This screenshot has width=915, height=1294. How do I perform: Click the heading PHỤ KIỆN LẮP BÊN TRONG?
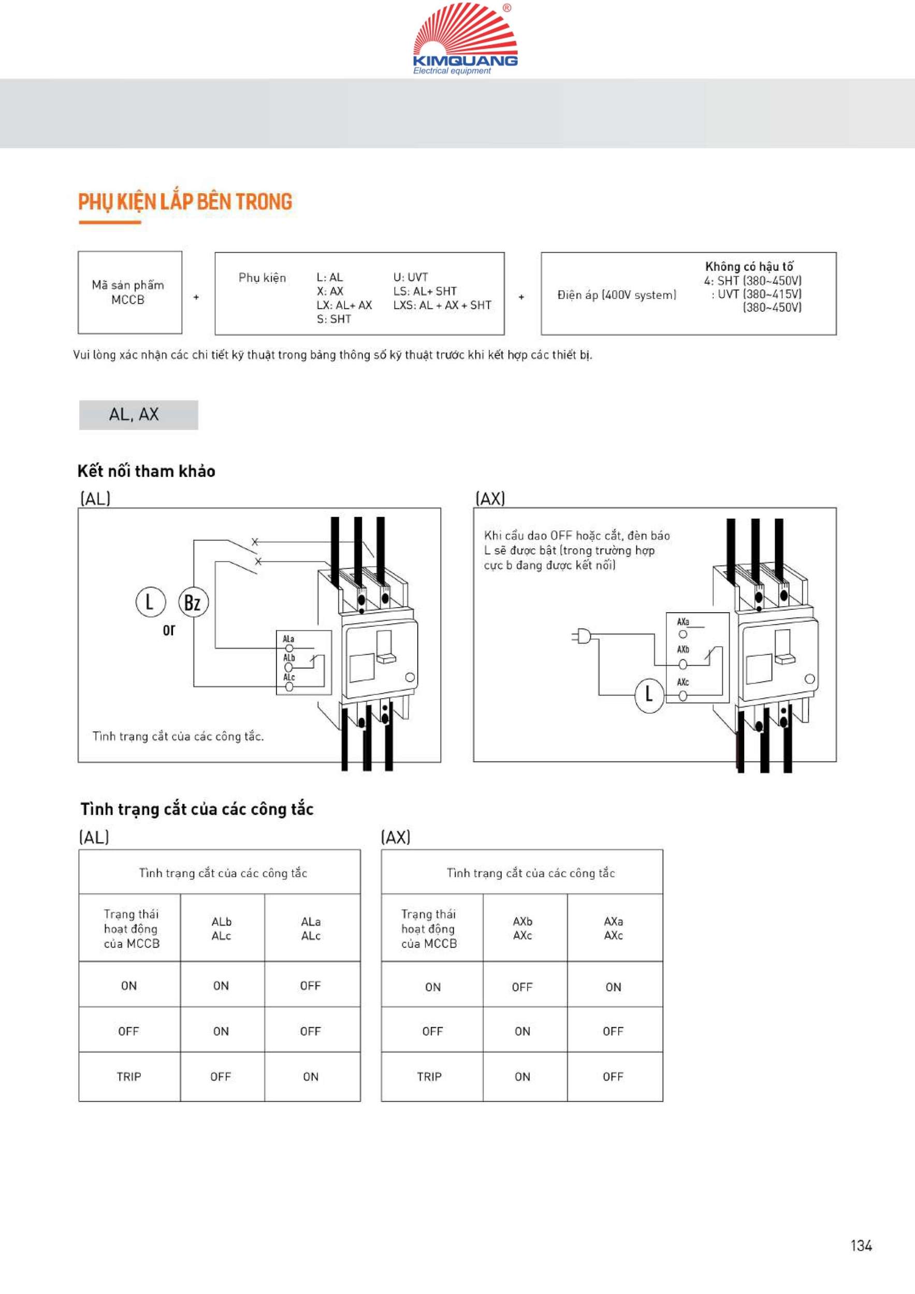click(185, 202)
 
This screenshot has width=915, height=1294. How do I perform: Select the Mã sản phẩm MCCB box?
click(129, 292)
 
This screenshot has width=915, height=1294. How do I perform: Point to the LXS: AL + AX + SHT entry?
click(442, 305)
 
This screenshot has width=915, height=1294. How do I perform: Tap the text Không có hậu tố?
click(749, 266)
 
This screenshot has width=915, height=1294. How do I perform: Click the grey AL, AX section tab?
click(138, 415)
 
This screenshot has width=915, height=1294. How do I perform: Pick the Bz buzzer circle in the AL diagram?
click(193, 602)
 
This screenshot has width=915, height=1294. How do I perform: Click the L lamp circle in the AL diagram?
click(150, 602)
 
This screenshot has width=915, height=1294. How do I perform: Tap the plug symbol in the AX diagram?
click(581, 637)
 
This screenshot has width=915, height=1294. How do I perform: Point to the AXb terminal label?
click(682, 650)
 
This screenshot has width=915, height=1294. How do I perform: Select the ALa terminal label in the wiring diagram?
click(288, 639)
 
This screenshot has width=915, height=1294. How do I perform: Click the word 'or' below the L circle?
click(169, 630)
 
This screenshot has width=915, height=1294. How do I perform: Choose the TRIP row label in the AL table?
click(129, 1077)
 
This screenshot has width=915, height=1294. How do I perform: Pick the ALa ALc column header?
click(311, 929)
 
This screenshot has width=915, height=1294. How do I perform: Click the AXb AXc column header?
click(522, 929)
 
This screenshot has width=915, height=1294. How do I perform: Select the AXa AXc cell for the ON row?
click(614, 988)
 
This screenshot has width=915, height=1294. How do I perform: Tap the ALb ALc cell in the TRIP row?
click(221, 1077)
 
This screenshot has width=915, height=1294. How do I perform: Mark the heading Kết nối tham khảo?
click(147, 471)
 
